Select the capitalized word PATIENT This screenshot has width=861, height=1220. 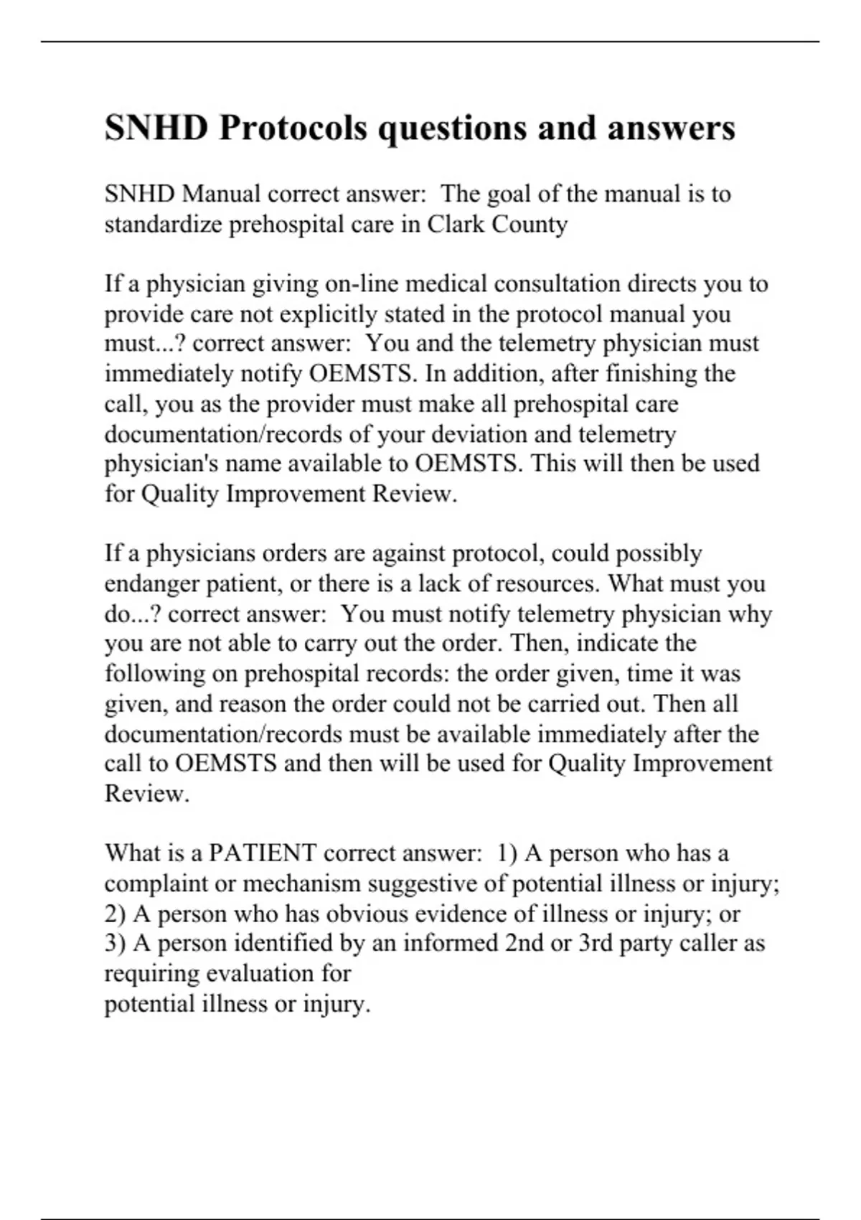click(263, 853)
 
